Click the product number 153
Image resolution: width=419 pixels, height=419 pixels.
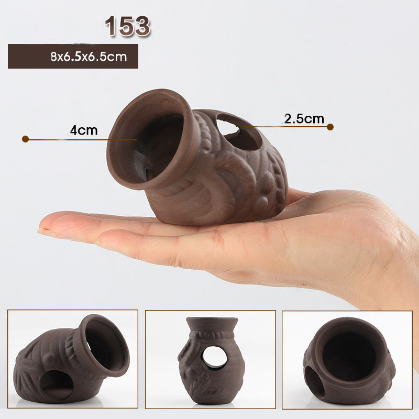tap(127, 26)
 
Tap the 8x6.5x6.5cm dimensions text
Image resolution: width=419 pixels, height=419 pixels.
tap(89, 57)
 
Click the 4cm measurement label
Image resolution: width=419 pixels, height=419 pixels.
tap(84, 130)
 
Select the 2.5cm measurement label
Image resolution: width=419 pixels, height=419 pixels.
tap(304, 119)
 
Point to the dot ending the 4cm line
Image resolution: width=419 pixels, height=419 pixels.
tap(25, 139)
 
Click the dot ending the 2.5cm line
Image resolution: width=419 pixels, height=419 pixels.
tap(330, 127)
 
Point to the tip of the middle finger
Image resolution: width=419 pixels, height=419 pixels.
tap(40, 230)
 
